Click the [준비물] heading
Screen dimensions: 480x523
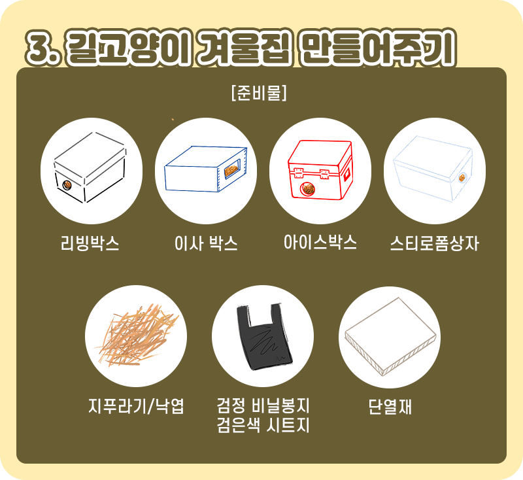pos(260,94)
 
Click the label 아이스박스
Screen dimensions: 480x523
pos(320,243)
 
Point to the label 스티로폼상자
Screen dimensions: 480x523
pos(434,245)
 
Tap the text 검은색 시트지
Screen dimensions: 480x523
pos(262,426)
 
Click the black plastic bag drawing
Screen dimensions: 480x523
pos(263,338)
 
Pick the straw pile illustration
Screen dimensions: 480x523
pos(135,335)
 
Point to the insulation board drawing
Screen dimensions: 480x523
pos(390,336)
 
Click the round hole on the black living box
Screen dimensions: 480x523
pos(65,186)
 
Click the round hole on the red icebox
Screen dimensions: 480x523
pos(306,190)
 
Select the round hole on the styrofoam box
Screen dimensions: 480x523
pos(464,177)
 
